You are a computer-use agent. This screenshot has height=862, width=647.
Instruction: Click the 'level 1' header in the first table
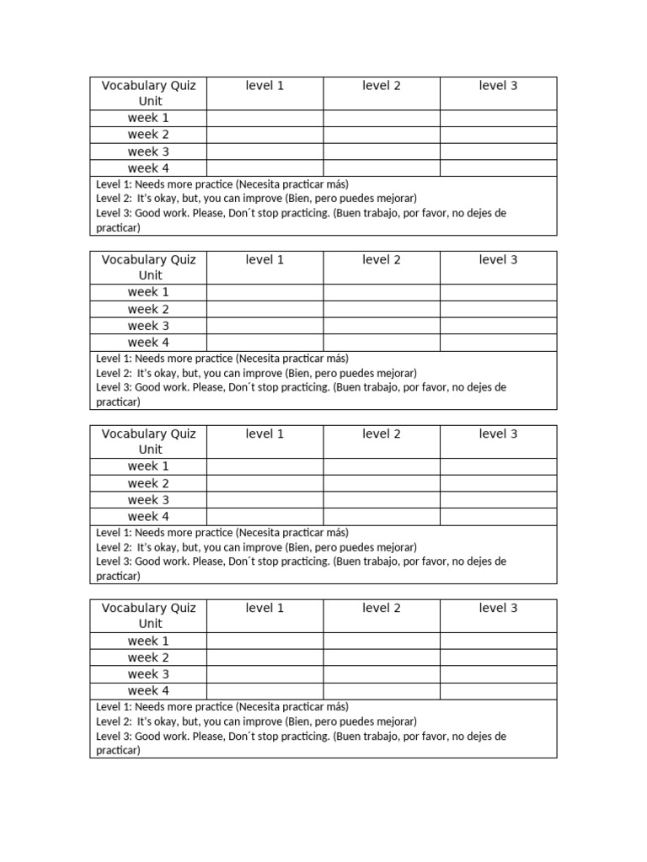click(x=265, y=86)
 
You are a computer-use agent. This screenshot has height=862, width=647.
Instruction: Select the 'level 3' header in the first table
click(x=498, y=86)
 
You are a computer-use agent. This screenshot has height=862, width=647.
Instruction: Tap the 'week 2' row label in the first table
click(x=148, y=135)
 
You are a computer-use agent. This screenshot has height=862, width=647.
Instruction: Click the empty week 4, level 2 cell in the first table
click(x=381, y=168)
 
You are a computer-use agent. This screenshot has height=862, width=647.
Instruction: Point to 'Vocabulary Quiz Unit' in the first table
click(x=148, y=93)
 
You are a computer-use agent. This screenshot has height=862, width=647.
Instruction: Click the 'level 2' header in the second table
click(x=381, y=260)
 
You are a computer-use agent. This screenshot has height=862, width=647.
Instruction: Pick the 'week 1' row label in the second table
click(x=148, y=292)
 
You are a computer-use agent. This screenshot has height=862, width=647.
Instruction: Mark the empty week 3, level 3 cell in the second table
click(x=498, y=326)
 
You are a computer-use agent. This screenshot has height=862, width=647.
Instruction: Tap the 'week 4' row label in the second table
click(x=148, y=343)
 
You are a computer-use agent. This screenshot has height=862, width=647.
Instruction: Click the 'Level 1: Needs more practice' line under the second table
click(x=222, y=359)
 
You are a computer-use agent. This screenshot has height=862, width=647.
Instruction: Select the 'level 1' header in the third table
click(x=265, y=434)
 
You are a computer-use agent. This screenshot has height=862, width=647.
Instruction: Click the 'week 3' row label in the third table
click(x=148, y=500)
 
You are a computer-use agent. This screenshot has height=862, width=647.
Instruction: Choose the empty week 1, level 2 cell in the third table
click(x=381, y=466)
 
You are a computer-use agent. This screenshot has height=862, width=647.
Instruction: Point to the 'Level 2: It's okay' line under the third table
click(x=256, y=547)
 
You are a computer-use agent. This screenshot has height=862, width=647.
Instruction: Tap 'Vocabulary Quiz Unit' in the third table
click(x=148, y=442)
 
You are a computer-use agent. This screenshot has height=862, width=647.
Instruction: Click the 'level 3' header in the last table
click(x=498, y=609)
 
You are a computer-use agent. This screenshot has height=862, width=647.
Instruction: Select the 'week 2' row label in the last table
click(x=148, y=657)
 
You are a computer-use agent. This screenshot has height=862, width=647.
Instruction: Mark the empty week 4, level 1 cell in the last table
click(x=265, y=691)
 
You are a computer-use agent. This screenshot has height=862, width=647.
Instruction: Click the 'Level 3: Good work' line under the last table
click(x=301, y=737)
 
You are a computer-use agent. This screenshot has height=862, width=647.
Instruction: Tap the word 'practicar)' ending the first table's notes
click(x=118, y=228)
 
